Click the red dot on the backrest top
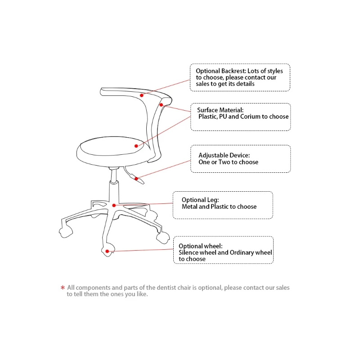click(141, 95)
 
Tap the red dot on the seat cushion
click(136, 146)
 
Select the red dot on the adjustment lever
click(135, 178)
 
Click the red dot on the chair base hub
click(114, 205)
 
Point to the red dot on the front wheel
click(107, 251)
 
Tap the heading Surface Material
click(220, 110)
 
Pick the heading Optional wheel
click(200, 246)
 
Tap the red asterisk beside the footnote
click(63, 288)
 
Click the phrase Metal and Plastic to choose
click(219, 207)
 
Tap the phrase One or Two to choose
click(228, 162)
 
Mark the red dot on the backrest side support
click(161, 105)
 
